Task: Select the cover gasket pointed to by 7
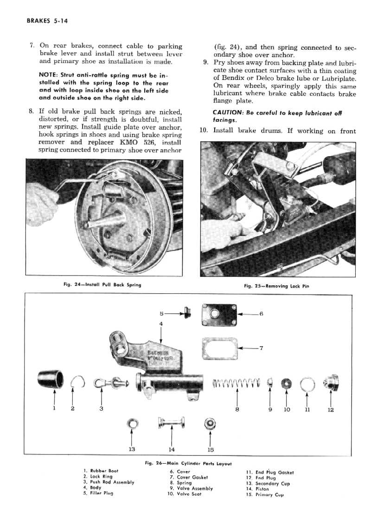[219, 348]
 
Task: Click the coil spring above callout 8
[237, 383]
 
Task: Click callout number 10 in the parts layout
[287, 410]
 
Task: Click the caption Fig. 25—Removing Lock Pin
[276, 286]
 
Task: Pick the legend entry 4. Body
[93, 488]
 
